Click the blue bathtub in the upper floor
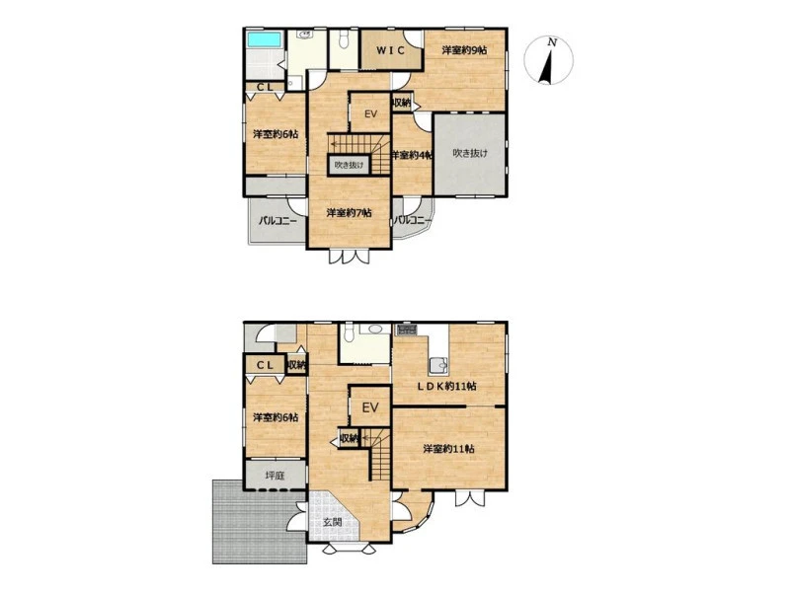coord(264,39)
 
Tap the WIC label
coord(391,50)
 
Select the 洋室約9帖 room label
coord(464,50)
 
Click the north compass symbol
coord(549,61)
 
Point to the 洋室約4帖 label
coord(412,155)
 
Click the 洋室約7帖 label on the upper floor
coord(350,213)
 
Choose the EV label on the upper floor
coord(370,114)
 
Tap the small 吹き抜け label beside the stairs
coord(350,165)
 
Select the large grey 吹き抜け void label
coord(470,153)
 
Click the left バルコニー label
coord(278,220)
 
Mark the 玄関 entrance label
coord(333,522)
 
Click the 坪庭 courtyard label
coord(276,476)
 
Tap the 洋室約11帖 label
coord(448,448)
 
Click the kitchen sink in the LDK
coord(438,365)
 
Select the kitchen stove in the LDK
coord(406,330)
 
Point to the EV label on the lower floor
coord(370,407)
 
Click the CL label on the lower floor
coord(265,365)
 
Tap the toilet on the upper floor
coord(344,40)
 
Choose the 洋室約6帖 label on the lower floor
coord(276,417)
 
